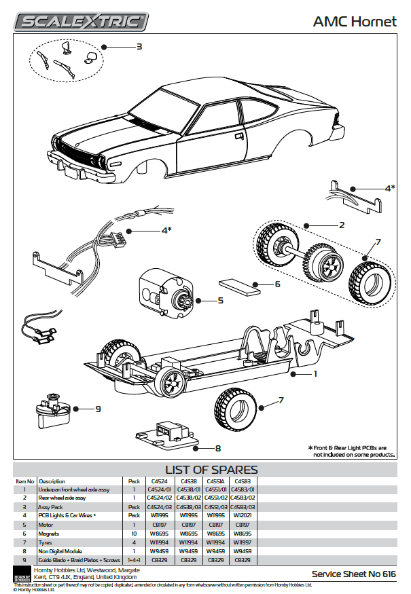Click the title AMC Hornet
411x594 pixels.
click(354, 22)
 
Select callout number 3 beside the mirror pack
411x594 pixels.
click(139, 47)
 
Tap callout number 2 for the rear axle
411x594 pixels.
click(342, 225)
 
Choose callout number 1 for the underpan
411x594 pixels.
click(315, 373)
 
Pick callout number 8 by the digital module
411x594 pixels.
click(217, 448)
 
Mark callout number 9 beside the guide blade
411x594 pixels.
click(98, 409)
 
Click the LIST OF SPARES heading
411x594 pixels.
click(211, 470)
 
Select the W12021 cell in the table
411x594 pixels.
click(240, 517)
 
